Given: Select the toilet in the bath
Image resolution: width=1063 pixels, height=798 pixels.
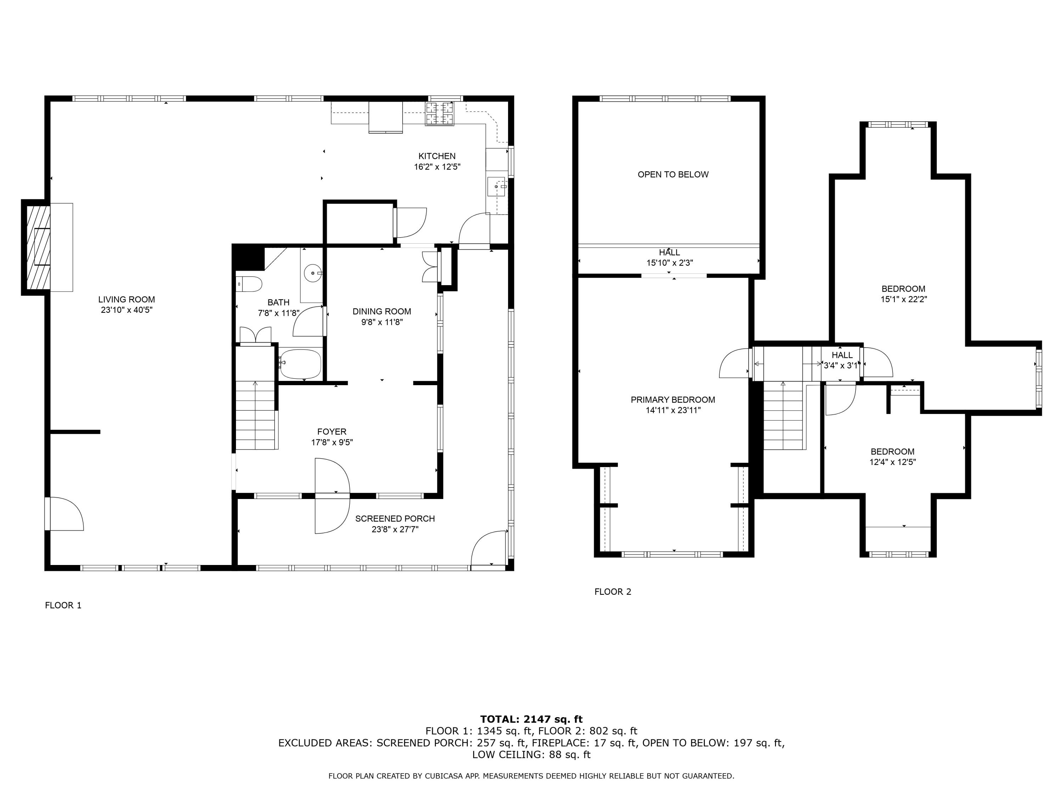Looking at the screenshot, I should (x=250, y=284).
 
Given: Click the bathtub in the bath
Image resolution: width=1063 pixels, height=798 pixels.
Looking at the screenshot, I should (x=301, y=364).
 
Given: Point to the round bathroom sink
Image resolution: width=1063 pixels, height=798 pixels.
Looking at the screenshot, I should (x=313, y=273).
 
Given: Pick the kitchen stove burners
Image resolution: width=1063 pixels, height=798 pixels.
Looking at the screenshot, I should (x=440, y=113).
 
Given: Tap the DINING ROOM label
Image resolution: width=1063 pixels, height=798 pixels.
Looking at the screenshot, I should (x=382, y=311).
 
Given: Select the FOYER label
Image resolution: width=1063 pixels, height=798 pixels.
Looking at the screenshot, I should (x=332, y=432).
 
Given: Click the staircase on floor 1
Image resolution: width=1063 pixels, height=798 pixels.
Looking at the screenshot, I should (x=255, y=415).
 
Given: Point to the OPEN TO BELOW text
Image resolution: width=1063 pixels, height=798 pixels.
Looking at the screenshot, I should (x=673, y=174).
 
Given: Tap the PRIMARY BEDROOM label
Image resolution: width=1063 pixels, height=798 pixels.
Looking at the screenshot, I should (x=673, y=400).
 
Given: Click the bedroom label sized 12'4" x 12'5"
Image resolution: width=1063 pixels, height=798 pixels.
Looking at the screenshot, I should (x=893, y=452).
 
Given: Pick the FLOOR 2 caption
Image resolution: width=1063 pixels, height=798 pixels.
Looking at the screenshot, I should (x=613, y=592).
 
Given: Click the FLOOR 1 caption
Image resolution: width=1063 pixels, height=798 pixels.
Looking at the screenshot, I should (x=63, y=605).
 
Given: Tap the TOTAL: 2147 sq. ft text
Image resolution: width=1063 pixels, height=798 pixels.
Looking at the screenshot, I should (x=531, y=719).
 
